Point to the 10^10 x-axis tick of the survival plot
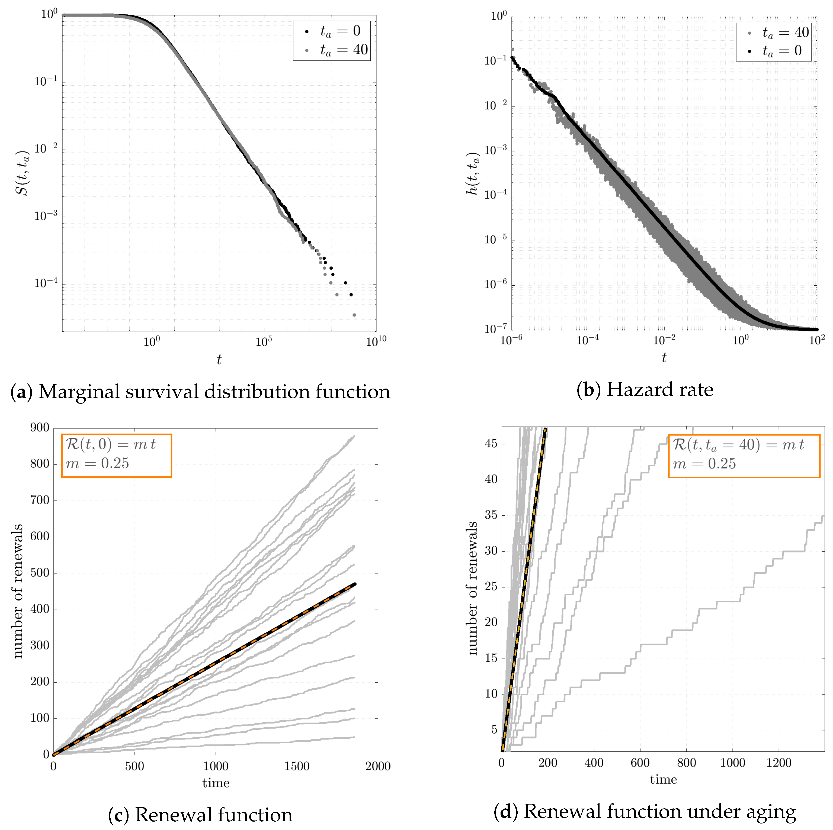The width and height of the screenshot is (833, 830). point(376,342)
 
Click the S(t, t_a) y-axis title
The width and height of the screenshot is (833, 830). point(23,173)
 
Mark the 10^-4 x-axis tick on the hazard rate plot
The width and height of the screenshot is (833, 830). point(588,340)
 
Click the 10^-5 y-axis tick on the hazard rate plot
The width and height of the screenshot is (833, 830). point(496,240)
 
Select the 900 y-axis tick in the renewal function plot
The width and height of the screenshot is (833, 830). point(40,428)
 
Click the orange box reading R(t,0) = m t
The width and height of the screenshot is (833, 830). point(116,456)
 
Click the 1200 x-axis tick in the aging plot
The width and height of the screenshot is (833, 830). point(779,763)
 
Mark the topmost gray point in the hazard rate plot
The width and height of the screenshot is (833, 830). point(513,49)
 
